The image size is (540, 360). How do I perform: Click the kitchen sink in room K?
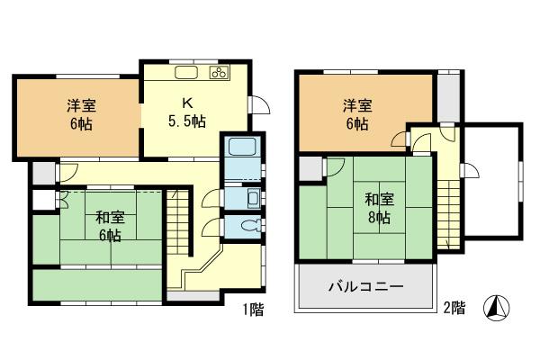pos(186,72)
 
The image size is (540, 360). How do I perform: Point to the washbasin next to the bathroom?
pos(252,198)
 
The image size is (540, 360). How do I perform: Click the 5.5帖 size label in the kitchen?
pos(188,119)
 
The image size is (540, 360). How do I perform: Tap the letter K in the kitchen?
pos(187,101)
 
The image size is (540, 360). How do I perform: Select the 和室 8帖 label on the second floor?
pos(378,206)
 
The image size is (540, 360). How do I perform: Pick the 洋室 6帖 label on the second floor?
pos(355,114)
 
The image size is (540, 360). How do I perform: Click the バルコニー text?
pos(364,288)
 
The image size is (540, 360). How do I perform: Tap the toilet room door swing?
pos(211,229)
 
